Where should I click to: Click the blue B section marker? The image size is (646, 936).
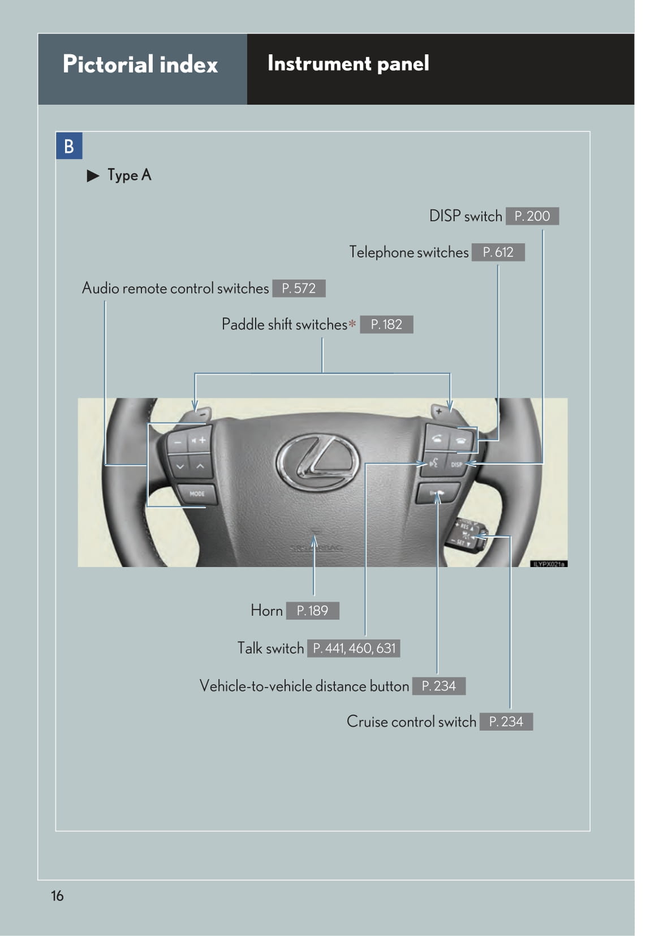pos(69,146)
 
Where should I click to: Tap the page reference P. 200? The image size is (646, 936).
pos(532,216)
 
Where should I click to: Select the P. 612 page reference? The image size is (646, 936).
pos(498,252)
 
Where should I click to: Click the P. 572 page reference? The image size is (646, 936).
pos(299,289)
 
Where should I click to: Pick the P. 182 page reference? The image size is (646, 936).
pos(386,325)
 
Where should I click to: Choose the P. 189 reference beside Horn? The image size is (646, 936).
pos(312,611)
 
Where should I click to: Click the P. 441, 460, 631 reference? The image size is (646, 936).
pos(354,649)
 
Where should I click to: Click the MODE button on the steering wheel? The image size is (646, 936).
pos(196,493)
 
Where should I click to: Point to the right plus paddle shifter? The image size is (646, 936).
pos(440,411)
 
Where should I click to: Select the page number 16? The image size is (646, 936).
pos(57,896)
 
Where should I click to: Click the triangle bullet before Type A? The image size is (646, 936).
pos(93,176)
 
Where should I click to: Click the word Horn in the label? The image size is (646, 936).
pos(266,611)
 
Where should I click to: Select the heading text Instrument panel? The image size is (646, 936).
pos(348,63)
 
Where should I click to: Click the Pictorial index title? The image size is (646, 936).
pos(140,65)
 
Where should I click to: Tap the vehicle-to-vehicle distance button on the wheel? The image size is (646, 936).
pos(437,493)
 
